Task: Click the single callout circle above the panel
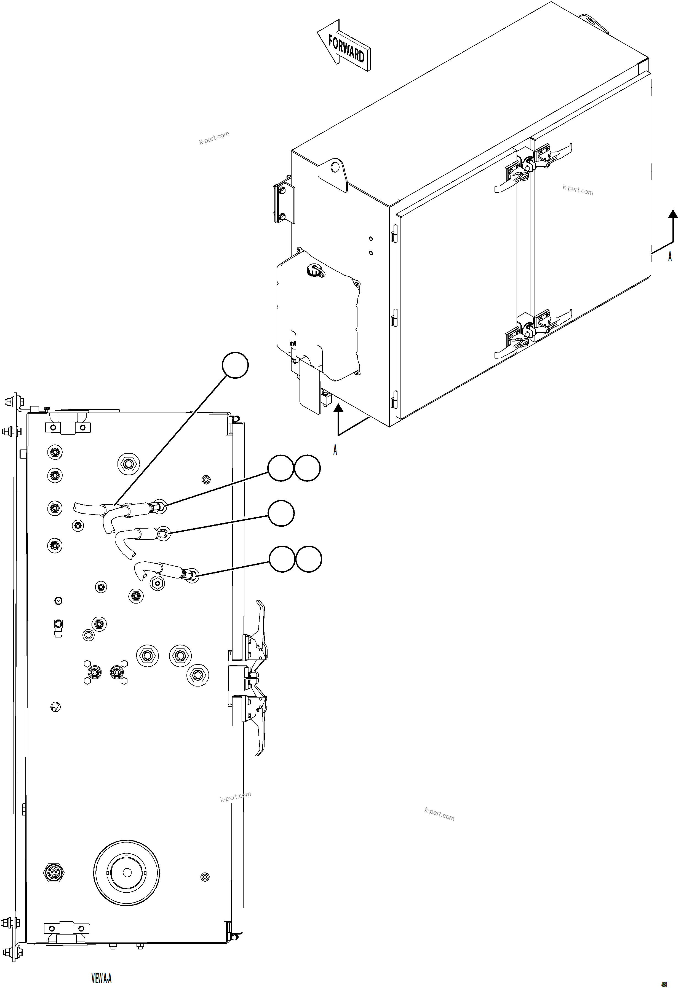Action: click(x=235, y=365)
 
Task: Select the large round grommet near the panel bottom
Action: click(x=126, y=873)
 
